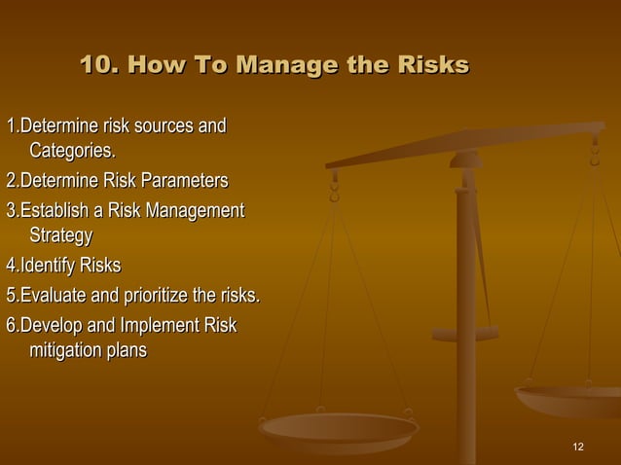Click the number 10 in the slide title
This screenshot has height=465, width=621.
[x=95, y=65]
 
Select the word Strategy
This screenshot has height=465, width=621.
[x=60, y=235]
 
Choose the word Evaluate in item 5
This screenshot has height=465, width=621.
[x=54, y=296]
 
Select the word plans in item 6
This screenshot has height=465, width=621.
[x=127, y=350]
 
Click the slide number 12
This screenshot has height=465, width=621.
[x=578, y=447]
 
